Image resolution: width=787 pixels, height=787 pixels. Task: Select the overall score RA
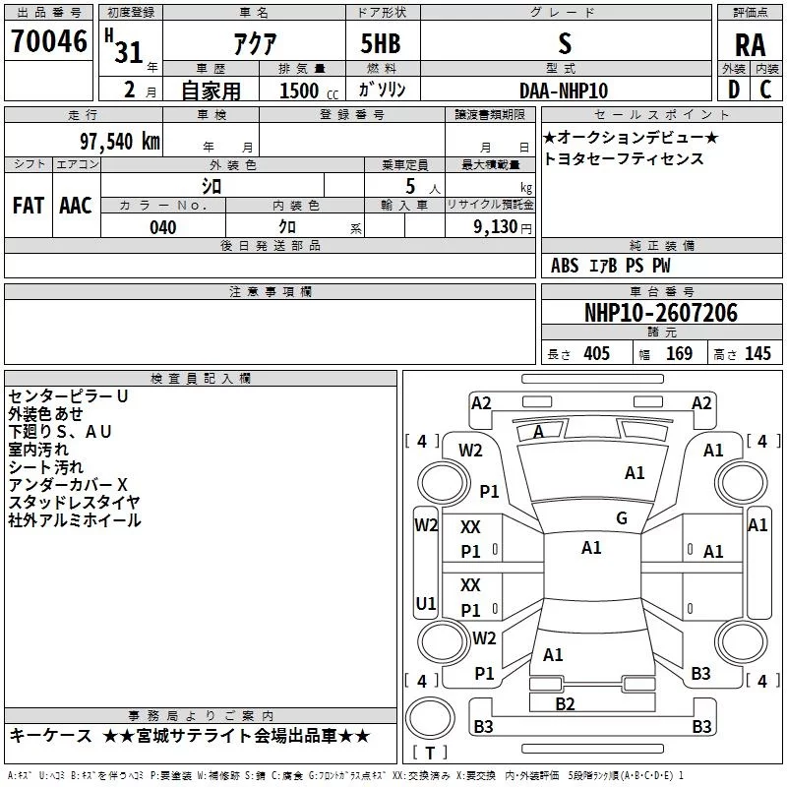[x=750, y=44]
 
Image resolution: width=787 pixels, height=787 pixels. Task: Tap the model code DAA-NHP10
[x=564, y=90]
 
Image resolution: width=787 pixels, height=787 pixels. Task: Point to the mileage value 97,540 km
[x=119, y=141]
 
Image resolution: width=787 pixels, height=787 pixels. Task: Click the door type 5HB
[x=381, y=44]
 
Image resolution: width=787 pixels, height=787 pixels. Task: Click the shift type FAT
[x=28, y=206]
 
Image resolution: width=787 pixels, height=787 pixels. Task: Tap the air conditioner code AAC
[x=75, y=206]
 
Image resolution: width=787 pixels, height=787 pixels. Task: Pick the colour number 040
[x=162, y=227]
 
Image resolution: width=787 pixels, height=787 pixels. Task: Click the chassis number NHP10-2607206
[x=660, y=313]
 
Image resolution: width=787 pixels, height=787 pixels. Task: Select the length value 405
[x=596, y=354]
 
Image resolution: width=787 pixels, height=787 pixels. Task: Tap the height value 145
[x=757, y=354]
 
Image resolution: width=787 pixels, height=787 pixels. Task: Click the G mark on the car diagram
[x=622, y=518]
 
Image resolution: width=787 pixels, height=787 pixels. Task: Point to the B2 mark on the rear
[x=565, y=703]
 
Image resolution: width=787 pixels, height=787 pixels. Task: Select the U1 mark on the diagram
[x=426, y=603]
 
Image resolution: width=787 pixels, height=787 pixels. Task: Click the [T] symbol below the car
[x=429, y=753]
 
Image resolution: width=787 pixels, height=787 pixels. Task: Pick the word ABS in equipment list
[x=565, y=266]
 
